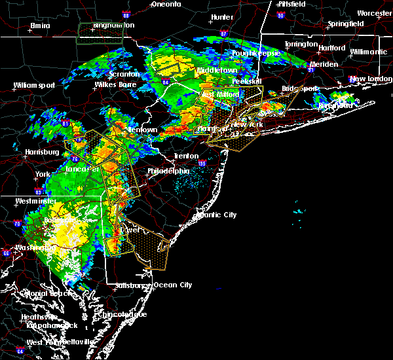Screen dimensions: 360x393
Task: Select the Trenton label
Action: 186,156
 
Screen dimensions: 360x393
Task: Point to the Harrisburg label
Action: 37,153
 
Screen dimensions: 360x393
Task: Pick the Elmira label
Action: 41,26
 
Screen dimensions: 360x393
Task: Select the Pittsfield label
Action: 289,4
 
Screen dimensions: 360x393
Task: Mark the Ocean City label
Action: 172,285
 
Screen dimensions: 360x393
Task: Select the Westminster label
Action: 32,201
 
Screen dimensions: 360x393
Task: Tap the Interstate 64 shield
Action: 20,351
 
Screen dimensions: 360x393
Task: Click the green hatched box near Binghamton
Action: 100,32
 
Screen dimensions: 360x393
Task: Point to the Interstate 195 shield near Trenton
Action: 202,164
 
